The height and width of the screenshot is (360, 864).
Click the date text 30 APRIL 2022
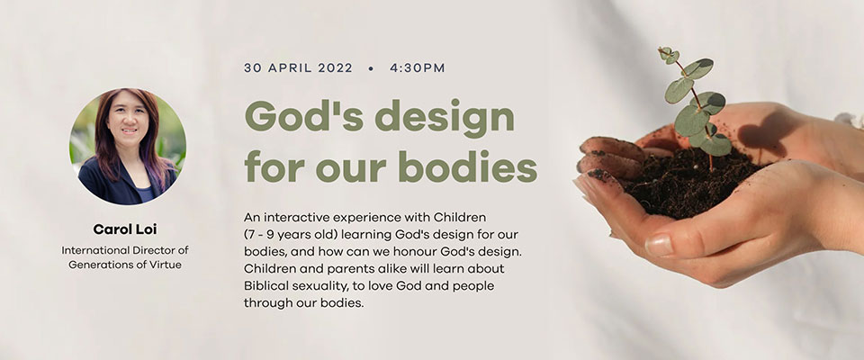[x=298, y=68]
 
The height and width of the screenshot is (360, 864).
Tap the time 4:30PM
[x=417, y=68]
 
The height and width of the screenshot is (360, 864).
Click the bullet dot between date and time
[x=371, y=69]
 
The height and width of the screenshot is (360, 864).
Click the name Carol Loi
[x=125, y=229]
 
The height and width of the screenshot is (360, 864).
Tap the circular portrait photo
[x=128, y=146]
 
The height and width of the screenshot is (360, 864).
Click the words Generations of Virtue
[x=125, y=265]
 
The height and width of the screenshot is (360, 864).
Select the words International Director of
[x=125, y=250]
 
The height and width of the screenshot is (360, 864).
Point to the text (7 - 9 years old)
[x=291, y=234]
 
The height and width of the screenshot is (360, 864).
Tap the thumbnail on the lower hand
[x=659, y=245]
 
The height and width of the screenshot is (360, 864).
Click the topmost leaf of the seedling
[x=669, y=54]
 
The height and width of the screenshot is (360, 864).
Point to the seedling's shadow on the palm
[x=765, y=133]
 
